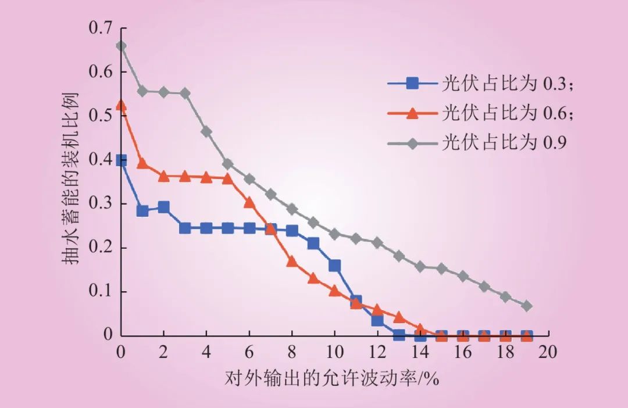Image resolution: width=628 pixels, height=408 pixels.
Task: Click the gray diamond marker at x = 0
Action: pos(121,46)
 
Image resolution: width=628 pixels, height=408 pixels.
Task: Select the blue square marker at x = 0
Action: pos(121,160)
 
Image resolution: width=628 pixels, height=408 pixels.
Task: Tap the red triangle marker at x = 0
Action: pos(121,105)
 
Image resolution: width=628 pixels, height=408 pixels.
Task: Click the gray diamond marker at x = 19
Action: pos(527,306)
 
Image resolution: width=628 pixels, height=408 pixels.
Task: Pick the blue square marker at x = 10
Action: pos(334,266)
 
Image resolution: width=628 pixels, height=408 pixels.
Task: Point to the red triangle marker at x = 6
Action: pos(249,202)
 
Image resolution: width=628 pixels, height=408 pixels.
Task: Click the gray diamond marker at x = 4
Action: pos(206,131)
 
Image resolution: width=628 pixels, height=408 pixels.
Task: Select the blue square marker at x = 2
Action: pos(164,207)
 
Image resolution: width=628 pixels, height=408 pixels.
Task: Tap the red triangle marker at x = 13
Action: pos(399,317)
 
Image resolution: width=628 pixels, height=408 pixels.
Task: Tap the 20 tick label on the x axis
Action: pos(548,352)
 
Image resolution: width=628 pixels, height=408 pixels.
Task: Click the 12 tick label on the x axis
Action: pos(377,352)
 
